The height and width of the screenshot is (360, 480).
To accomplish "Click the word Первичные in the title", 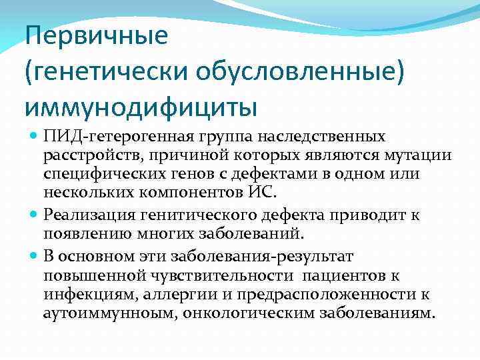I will [x=97, y=36].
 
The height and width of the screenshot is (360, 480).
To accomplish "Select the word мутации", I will [x=423, y=155].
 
